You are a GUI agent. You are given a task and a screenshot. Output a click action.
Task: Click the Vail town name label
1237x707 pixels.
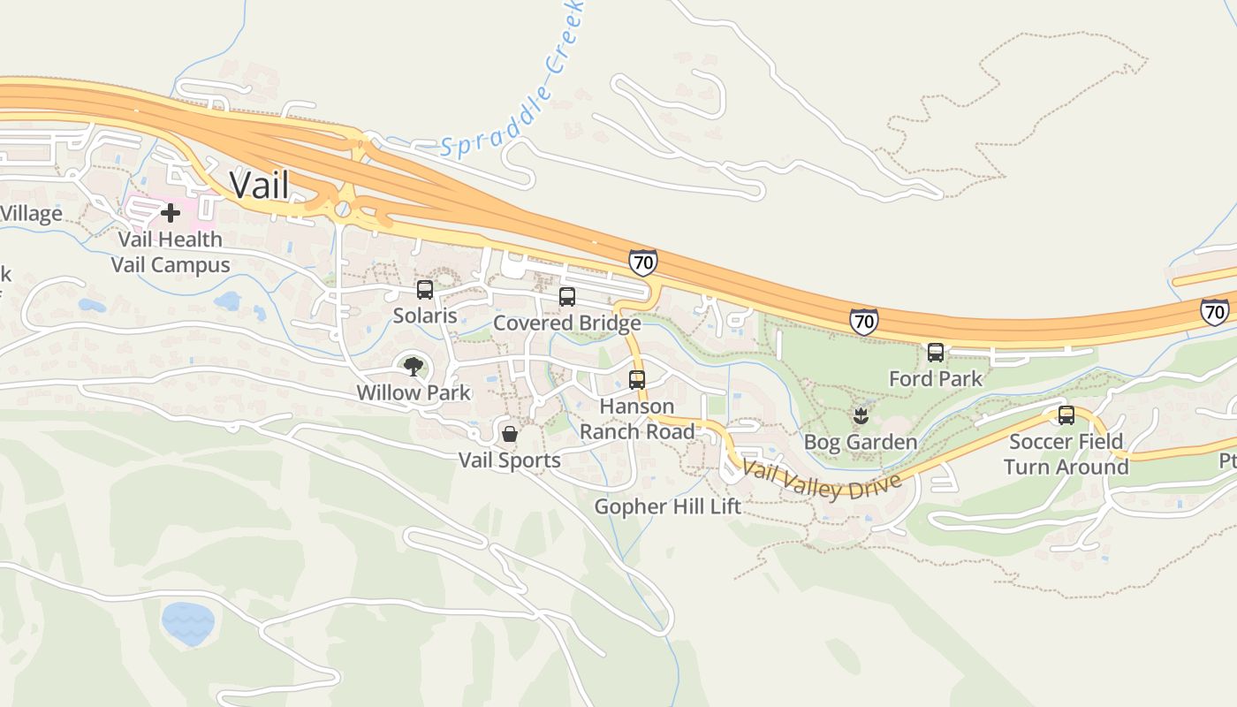tap(259, 185)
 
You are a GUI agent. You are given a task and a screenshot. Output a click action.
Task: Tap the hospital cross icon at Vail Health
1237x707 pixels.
tap(171, 213)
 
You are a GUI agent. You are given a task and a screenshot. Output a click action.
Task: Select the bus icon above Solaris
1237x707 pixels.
tap(425, 290)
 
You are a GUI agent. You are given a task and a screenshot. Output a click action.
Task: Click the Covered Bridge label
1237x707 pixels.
tap(566, 323)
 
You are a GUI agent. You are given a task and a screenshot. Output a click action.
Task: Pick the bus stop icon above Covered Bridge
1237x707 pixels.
tap(567, 297)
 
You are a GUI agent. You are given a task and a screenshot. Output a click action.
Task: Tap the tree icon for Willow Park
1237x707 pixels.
tap(413, 366)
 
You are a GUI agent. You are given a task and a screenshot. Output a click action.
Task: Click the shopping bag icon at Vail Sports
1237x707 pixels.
tap(510, 434)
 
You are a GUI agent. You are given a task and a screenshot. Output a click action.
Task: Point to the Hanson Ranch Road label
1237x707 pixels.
tap(637, 419)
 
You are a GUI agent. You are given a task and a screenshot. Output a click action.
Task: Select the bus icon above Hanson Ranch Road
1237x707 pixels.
tap(637, 380)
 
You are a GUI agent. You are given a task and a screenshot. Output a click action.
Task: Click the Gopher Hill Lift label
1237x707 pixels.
tap(667, 506)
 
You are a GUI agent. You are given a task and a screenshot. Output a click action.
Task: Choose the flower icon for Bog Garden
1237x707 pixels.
tap(860, 414)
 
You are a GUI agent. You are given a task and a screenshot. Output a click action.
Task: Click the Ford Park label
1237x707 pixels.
tap(935, 378)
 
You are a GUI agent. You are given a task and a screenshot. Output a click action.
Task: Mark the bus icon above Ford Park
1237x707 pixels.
tap(936, 353)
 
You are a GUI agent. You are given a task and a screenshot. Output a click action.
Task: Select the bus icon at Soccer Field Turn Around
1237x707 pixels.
tap(1066, 415)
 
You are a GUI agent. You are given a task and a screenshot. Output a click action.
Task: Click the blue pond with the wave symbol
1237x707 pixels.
tap(188, 624)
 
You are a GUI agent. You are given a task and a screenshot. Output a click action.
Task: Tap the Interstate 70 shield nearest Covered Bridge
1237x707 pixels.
tap(643, 262)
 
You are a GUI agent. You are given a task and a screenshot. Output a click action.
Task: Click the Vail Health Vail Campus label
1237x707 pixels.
tap(171, 252)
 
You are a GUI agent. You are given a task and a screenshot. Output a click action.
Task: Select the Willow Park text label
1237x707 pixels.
tap(414, 392)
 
